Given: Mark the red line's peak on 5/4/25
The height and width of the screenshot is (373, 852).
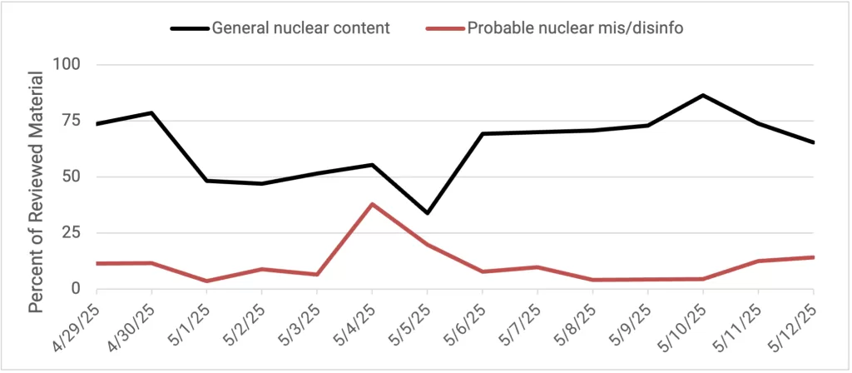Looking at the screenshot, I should (372, 204).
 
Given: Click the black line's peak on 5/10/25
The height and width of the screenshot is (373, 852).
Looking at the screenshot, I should (703, 95).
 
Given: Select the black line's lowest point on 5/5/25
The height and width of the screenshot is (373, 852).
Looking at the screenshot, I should (427, 213).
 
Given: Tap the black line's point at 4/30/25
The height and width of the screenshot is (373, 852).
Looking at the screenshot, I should (151, 112).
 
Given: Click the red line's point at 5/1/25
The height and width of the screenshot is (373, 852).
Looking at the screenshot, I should (206, 281).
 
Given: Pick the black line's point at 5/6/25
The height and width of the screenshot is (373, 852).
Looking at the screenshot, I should (483, 133).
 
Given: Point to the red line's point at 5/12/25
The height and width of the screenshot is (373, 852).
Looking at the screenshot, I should (813, 257).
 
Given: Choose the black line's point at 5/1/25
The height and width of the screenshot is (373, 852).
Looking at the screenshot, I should (206, 181).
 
